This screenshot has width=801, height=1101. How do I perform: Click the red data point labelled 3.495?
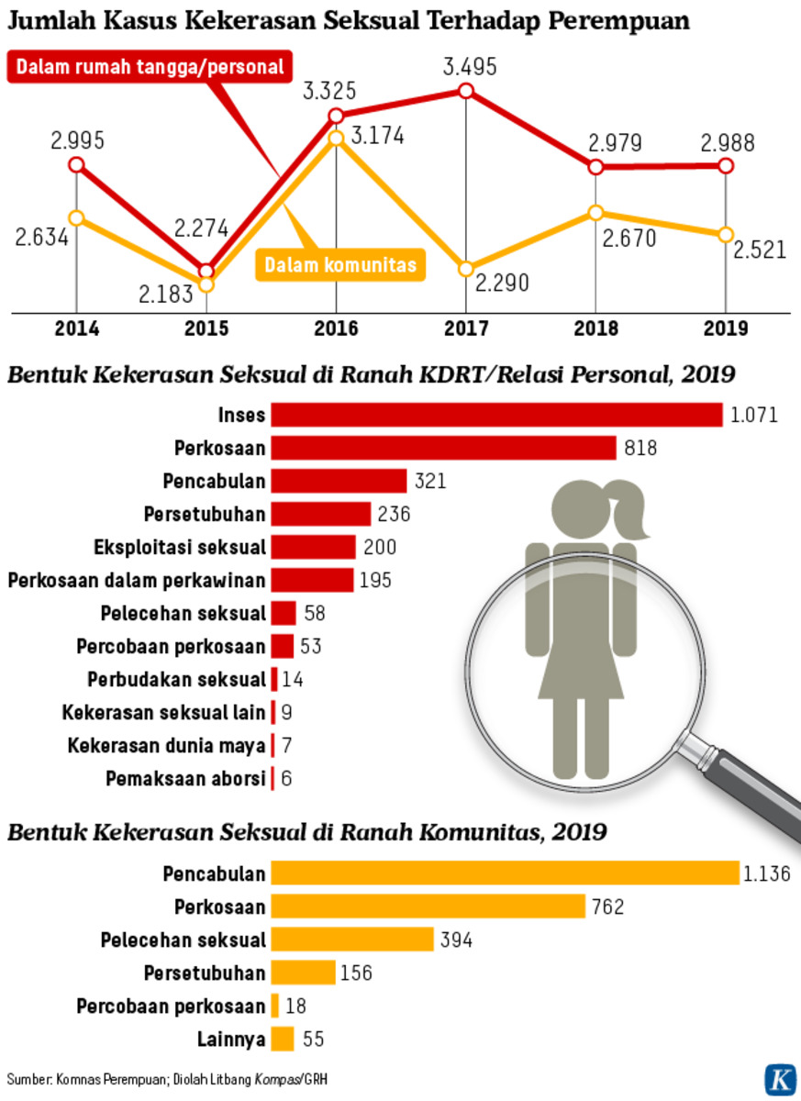tap(466, 90)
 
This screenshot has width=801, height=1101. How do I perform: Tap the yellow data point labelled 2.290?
tap(466, 269)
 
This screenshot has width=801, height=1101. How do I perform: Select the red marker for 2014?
tap(77, 165)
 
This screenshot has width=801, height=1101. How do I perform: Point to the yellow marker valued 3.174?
tap(336, 138)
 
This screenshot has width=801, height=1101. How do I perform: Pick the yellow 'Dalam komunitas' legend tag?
tap(340, 265)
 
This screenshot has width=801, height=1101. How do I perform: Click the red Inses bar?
tap(496, 415)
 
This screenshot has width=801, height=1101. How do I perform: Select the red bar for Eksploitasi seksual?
tap(313, 547)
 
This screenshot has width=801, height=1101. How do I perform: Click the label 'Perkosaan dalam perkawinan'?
tap(137, 580)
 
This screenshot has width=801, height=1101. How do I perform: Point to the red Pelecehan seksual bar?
tap(284, 613)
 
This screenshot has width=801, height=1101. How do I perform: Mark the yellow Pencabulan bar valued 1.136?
tap(505, 873)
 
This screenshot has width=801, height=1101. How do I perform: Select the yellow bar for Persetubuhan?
tap(304, 973)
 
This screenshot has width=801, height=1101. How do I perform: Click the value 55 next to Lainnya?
tap(313, 1040)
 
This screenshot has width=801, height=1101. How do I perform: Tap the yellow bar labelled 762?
tap(428, 906)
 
